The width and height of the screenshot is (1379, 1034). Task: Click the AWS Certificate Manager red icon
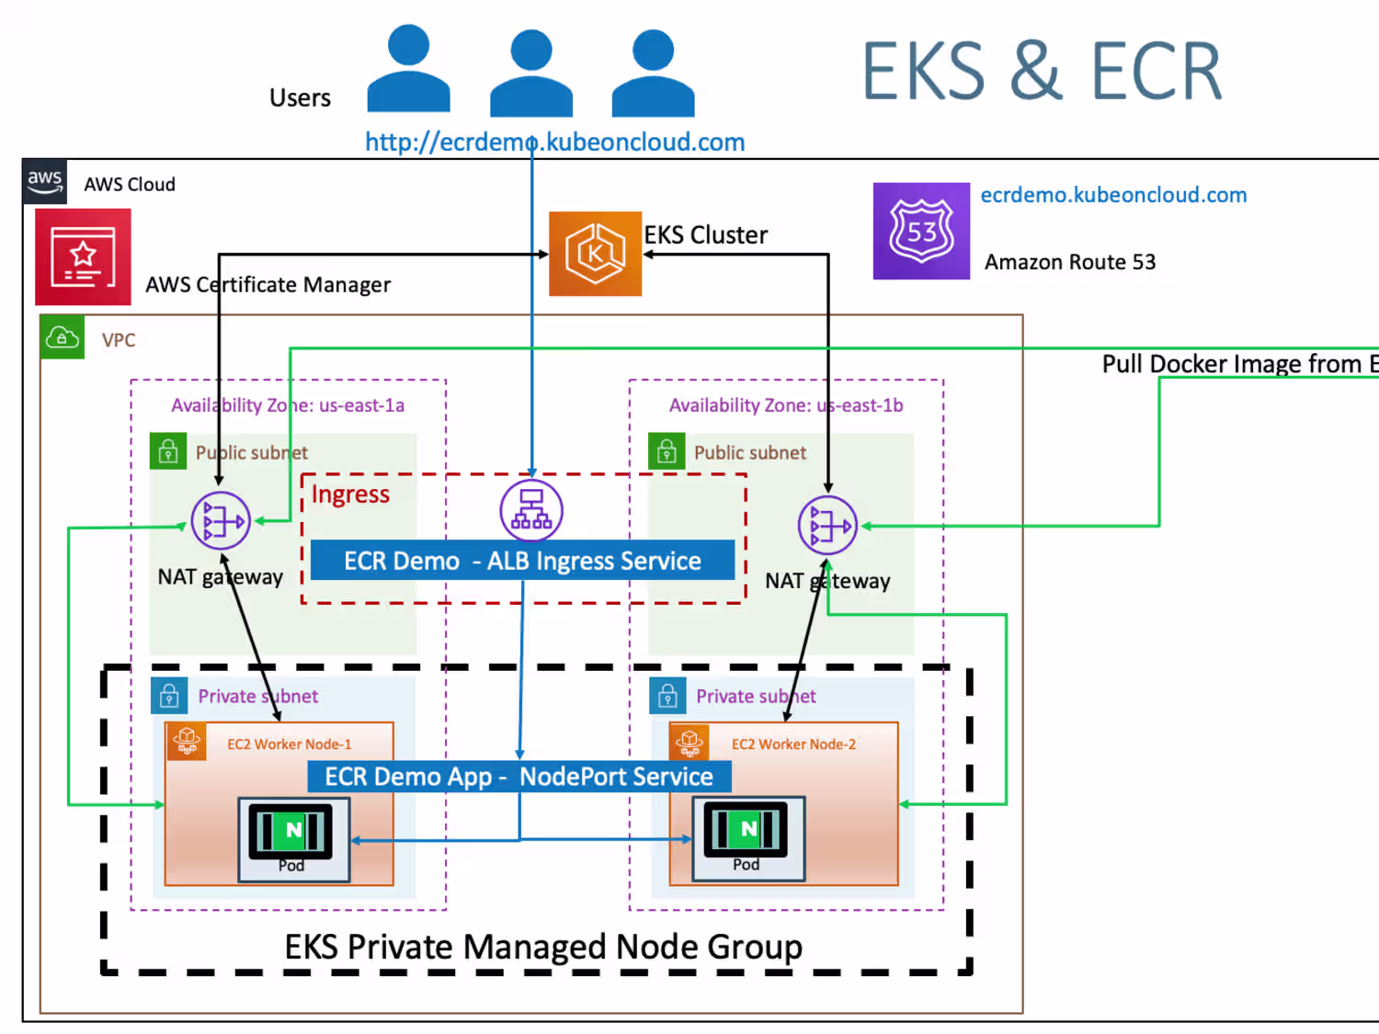click(83, 256)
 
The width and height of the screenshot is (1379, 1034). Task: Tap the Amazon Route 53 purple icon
click(921, 231)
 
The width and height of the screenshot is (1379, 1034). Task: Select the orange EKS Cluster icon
click(595, 254)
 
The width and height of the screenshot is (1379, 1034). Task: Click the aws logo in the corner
click(44, 180)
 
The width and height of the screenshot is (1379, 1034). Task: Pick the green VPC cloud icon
click(63, 337)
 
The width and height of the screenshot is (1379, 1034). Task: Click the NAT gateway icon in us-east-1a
click(221, 521)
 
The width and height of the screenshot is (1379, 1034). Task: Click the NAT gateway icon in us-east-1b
click(827, 525)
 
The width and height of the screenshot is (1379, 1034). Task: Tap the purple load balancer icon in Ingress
click(531, 510)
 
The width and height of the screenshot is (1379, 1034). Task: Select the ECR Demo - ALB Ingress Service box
click(522, 561)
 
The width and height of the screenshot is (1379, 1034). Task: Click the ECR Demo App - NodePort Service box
click(519, 777)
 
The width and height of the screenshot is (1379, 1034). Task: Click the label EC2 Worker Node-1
click(290, 744)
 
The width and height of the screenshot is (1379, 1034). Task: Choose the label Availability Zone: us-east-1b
click(786, 405)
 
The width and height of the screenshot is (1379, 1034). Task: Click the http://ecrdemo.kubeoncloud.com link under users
click(554, 142)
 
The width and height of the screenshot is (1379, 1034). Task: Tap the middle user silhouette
click(531, 74)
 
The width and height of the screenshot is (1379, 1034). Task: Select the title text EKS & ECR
click(1042, 72)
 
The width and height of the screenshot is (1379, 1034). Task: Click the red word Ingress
click(350, 494)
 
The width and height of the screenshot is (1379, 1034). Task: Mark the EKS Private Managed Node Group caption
click(543, 947)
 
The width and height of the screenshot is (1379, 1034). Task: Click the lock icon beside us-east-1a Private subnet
click(169, 696)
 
